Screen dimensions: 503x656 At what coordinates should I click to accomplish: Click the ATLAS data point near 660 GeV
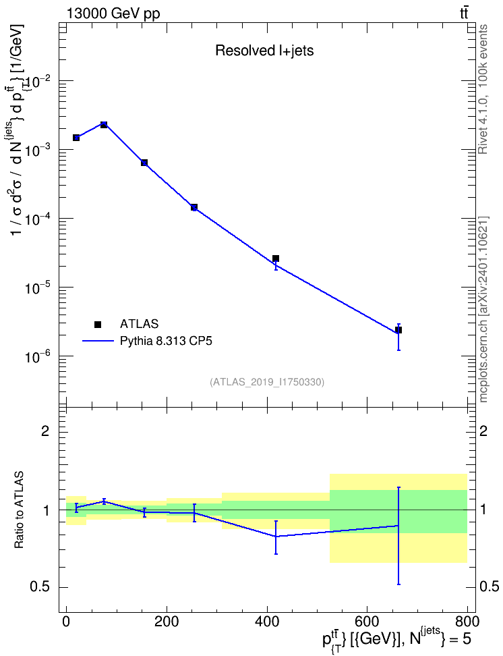tap(398, 330)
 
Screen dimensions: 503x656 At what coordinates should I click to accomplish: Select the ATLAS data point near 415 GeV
tap(276, 258)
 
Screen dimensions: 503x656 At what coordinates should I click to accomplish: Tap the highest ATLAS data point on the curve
tap(104, 125)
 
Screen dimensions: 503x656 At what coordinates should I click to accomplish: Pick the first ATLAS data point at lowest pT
tap(76, 138)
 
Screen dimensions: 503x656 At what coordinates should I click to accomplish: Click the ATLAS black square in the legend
tap(98, 324)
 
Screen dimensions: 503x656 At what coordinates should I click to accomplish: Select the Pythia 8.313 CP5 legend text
tap(166, 341)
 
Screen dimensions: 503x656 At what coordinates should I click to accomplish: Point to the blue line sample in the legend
tap(98, 341)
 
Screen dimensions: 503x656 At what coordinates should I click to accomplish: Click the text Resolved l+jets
tap(264, 51)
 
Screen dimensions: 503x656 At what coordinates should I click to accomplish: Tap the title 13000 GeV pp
tap(113, 13)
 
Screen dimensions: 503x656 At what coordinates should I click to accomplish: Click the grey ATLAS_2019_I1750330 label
tap(267, 382)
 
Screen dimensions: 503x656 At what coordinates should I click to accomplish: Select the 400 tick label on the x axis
tap(267, 621)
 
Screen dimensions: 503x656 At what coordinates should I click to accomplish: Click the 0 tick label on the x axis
tap(66, 621)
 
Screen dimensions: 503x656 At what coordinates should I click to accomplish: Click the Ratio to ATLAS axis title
tap(19, 510)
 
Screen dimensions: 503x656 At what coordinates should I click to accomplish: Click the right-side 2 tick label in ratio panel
tap(483, 431)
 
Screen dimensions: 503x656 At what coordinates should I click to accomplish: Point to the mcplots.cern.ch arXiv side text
tap(483, 310)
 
